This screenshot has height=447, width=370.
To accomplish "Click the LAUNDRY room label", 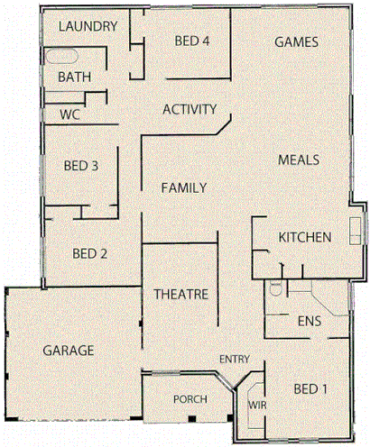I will point(88,26).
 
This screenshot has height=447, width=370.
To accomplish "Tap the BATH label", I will point(74,78).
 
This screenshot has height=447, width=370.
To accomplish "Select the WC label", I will point(69,114).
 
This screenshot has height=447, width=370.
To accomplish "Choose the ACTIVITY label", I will point(190,110).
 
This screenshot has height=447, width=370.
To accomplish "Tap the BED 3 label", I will point(81,166).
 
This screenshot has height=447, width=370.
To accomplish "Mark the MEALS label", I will point(299,160).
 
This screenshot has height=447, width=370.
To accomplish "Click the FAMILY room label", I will point(184,187).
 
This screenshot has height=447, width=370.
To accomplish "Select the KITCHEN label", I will point(304,237).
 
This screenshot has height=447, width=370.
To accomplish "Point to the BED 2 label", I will point(90,253).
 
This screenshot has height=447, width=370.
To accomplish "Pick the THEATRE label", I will point(181,295).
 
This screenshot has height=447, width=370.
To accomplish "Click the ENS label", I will point(310,320).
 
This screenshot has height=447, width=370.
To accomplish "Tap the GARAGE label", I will point(68,350).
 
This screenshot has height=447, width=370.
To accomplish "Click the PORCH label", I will point(190,398).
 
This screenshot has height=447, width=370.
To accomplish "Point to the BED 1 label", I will point(310,389).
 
